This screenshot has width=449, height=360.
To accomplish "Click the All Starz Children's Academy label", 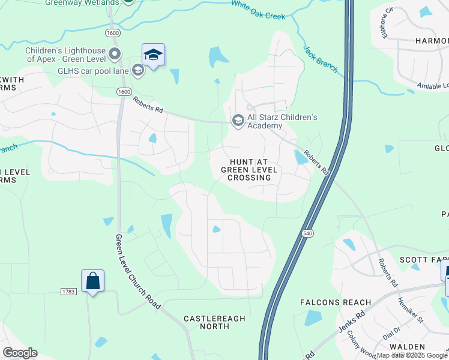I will coord(282,121).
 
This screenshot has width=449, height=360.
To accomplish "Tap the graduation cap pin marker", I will coord(154,55).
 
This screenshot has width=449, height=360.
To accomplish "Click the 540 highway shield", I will coord(308,233).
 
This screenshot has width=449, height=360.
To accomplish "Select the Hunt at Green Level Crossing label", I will coord(249,170).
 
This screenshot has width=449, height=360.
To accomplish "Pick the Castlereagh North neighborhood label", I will coord(214,322).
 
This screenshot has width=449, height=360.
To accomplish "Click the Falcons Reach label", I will coord(336,302).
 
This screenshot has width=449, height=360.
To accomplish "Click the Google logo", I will coord(20,353).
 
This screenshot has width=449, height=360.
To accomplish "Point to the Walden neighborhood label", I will coord(407,347).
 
